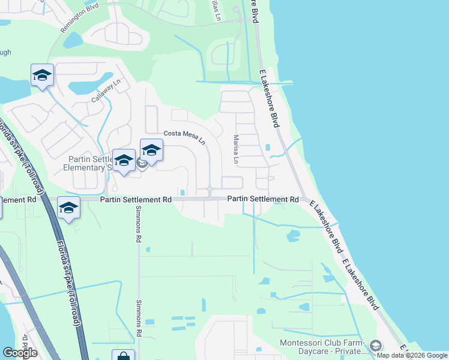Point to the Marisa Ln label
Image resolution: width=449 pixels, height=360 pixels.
point(237,150)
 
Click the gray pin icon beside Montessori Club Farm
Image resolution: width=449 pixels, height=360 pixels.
point(376,346)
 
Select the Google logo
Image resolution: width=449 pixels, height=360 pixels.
point(19,353)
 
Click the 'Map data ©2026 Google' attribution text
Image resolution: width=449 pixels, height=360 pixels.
point(411,355)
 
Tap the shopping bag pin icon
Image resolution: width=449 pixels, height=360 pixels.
point(123,356)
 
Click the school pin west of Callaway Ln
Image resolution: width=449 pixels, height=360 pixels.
point(42,75)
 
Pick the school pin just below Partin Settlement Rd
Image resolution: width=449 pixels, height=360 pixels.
point(68,208)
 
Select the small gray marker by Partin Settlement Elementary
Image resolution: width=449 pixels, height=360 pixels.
point(142,163)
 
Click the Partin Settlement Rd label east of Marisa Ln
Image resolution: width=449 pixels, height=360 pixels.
point(262,199)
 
